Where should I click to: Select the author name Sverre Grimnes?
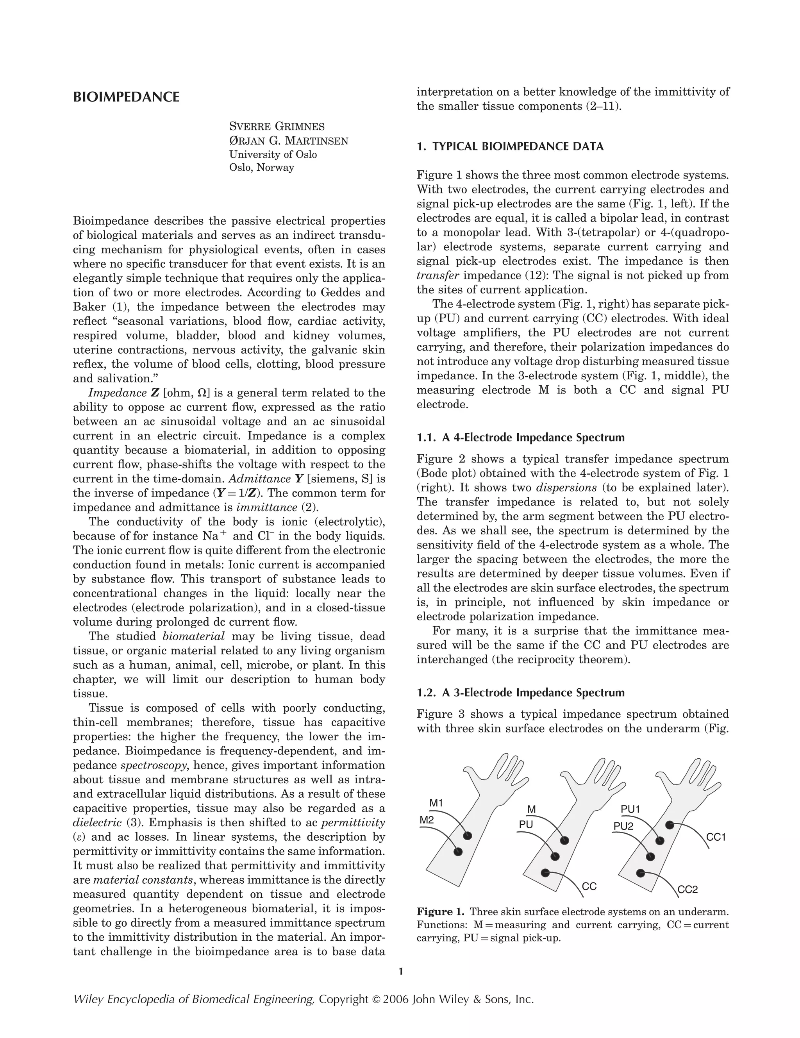click(x=277, y=127)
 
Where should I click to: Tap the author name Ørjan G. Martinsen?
click(x=289, y=141)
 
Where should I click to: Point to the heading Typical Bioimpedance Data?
click(x=510, y=146)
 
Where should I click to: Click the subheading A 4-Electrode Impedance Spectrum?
click(x=520, y=437)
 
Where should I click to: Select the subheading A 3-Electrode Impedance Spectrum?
click(x=520, y=693)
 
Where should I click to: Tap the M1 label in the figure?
click(x=436, y=803)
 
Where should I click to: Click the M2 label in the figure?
click(x=427, y=820)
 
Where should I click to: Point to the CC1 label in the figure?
click(x=716, y=838)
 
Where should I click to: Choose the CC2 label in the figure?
click(x=687, y=890)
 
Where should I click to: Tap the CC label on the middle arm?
click(x=589, y=886)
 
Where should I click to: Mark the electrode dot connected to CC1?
click(x=669, y=825)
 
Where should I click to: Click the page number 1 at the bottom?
click(x=400, y=972)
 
